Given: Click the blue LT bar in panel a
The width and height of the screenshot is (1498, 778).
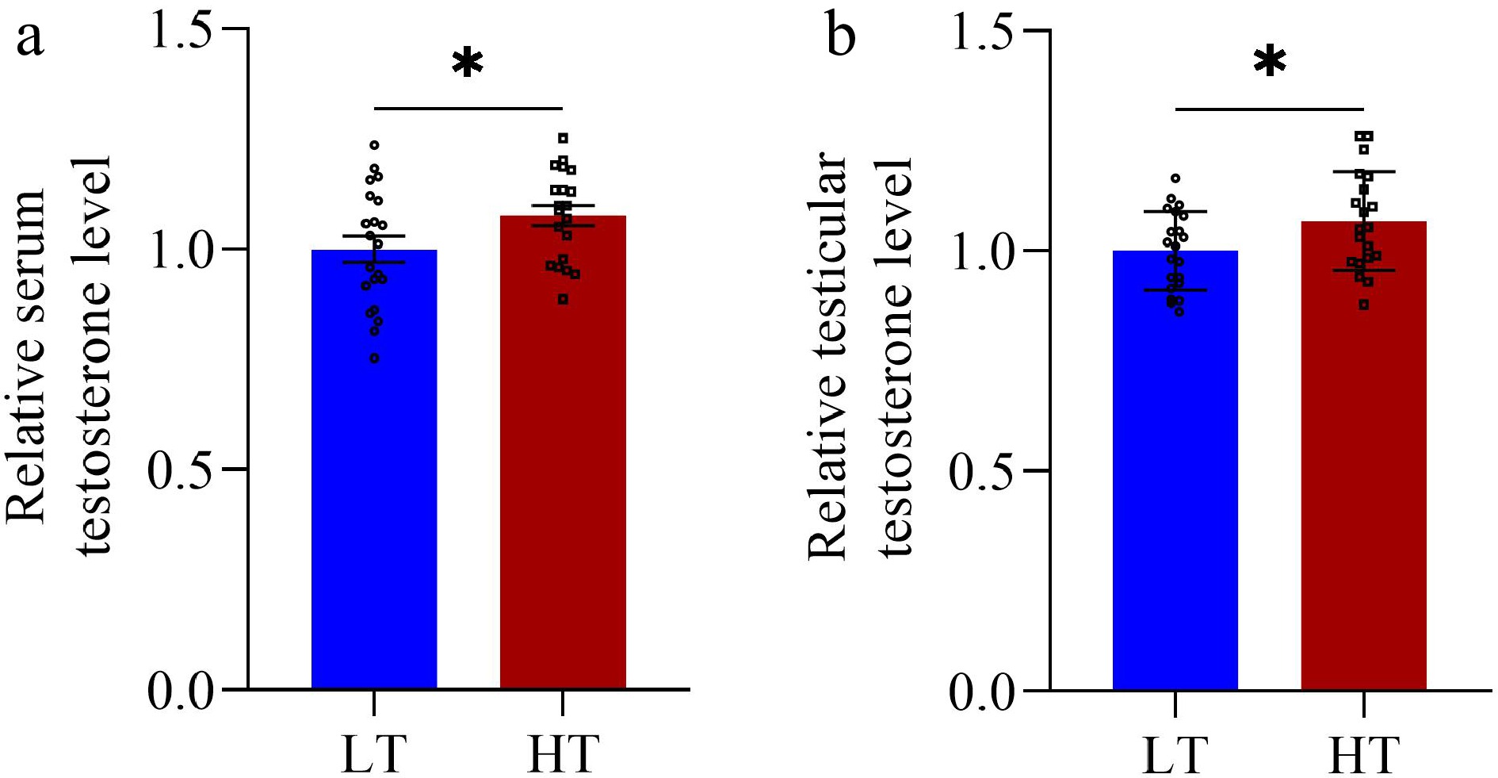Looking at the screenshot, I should [x=374, y=476].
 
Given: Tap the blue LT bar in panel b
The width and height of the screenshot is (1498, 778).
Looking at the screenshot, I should [x=1175, y=476].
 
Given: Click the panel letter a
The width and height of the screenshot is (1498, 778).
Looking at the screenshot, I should [x=29, y=38].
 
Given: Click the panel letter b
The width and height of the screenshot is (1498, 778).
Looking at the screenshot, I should [x=840, y=36].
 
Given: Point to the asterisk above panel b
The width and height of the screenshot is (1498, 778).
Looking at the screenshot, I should [x=1270, y=62].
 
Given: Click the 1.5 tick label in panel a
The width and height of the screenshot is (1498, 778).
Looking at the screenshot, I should [x=181, y=32].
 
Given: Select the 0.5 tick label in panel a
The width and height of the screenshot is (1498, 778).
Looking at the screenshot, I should [x=181, y=469].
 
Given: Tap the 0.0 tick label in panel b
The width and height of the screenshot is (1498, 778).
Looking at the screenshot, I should [x=983, y=693].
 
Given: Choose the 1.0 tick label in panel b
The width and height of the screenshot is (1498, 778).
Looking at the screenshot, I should [x=983, y=252].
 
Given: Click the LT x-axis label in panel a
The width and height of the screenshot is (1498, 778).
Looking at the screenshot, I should [x=374, y=753].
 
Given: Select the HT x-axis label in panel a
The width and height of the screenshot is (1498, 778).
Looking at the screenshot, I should [x=563, y=753].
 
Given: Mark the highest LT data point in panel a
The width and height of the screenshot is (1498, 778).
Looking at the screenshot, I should [x=374, y=145].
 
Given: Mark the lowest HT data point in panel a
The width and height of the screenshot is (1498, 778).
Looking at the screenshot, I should [x=563, y=299].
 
